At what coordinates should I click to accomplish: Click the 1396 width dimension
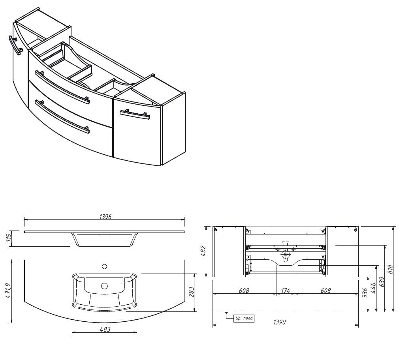pyautogui.click(x=105, y=217)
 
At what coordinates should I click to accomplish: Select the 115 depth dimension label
pyautogui.click(x=9, y=238)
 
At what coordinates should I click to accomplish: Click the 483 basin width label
pyautogui.click(x=105, y=330)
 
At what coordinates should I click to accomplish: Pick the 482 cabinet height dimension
pyautogui.click(x=203, y=251)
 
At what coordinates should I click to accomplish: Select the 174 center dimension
pyautogui.click(x=286, y=291)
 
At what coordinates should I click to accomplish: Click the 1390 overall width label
pyautogui.click(x=279, y=322)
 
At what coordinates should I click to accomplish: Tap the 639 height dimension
pyautogui.click(x=381, y=282)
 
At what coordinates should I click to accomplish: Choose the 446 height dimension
pyautogui.click(x=373, y=288)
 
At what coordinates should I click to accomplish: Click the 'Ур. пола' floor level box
pyautogui.click(x=244, y=318)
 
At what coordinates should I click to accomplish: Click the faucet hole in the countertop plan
pyautogui.click(x=104, y=266)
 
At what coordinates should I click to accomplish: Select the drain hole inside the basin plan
pyautogui.click(x=104, y=286)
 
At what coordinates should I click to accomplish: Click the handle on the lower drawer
pyautogui.click(x=62, y=116)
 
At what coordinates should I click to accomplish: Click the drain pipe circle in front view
pyautogui.click(x=286, y=254)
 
